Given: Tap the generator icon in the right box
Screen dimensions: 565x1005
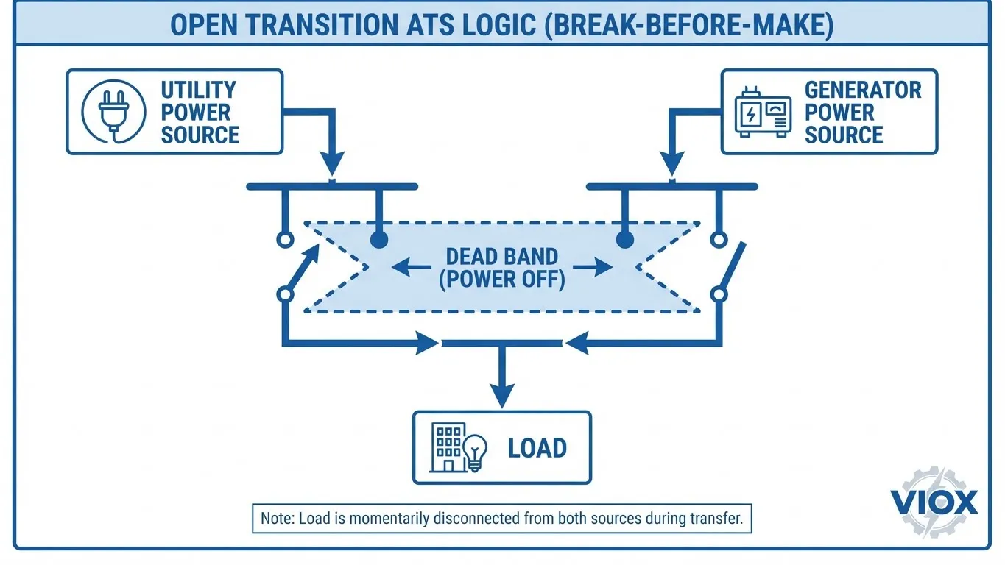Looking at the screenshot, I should tap(763, 113).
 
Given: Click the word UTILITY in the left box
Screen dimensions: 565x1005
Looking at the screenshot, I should tap(198, 90).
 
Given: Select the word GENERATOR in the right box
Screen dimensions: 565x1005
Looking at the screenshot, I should tap(863, 90).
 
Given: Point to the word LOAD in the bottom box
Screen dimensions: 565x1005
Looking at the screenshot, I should tap(537, 448).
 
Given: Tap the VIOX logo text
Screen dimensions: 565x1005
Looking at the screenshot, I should tap(934, 503).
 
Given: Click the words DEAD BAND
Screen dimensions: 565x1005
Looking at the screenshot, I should tap(502, 257).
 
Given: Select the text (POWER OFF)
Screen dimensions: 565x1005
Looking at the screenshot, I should tap(502, 280).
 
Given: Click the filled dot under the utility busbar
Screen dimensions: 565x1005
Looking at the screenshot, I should tap(379, 239).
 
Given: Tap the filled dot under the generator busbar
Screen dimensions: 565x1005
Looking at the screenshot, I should tap(624, 239).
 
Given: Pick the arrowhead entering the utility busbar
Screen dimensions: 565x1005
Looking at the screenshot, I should tap(333, 164).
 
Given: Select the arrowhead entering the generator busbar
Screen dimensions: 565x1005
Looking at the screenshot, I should tap(671, 164).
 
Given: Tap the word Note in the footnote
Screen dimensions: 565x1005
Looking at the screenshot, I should tap(275, 518).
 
